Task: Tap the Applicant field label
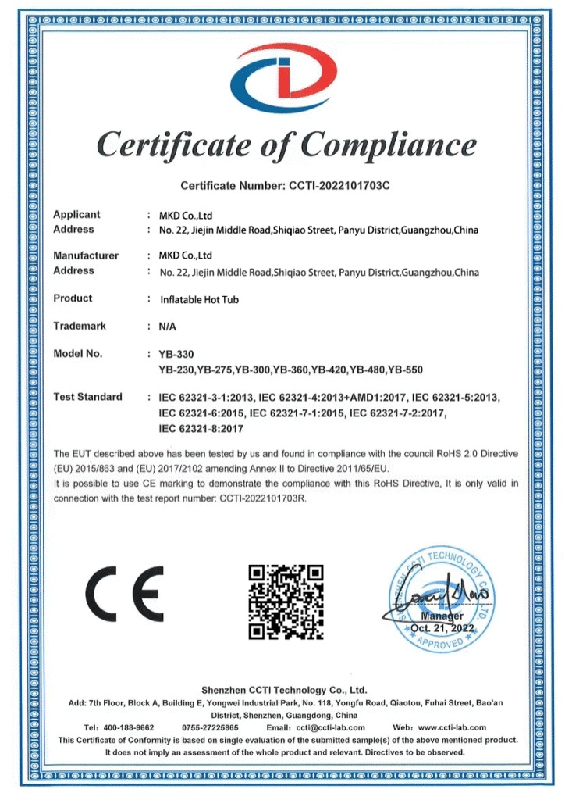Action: (76, 215)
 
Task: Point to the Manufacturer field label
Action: (86, 255)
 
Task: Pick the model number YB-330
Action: (176, 354)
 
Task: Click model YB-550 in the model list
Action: (406, 370)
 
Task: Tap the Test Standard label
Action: (87, 397)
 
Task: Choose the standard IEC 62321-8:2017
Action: (201, 429)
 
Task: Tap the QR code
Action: (285, 600)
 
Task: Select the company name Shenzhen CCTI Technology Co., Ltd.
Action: (284, 691)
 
